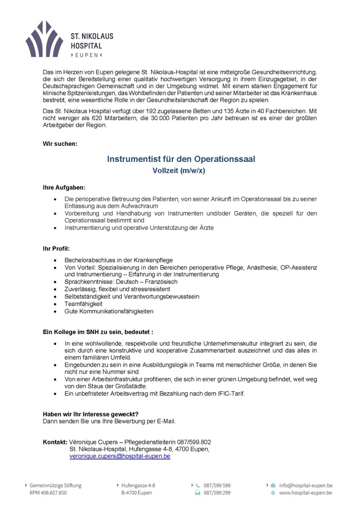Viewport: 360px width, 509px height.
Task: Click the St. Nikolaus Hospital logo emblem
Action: point(44,39)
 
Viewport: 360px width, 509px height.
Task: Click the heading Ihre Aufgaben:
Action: point(64,187)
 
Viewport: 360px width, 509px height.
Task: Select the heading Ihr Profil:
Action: point(56,249)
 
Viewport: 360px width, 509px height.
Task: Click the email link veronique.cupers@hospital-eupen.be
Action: point(120,456)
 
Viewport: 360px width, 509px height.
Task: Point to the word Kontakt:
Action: point(55,442)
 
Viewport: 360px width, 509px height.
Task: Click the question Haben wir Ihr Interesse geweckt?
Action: point(90,414)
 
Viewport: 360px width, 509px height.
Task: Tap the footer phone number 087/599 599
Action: point(217,485)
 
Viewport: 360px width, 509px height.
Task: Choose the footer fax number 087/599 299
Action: point(217,492)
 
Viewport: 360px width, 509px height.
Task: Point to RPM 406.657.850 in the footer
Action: point(48,492)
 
